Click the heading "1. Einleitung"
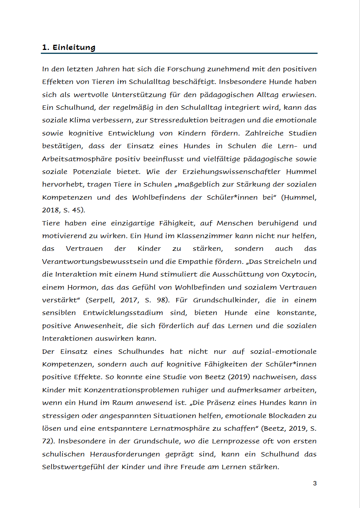pyautogui.click(x=69, y=48)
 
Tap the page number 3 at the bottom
pyautogui.click(x=315, y=483)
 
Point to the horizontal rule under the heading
pyautogui.click(x=180, y=53)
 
